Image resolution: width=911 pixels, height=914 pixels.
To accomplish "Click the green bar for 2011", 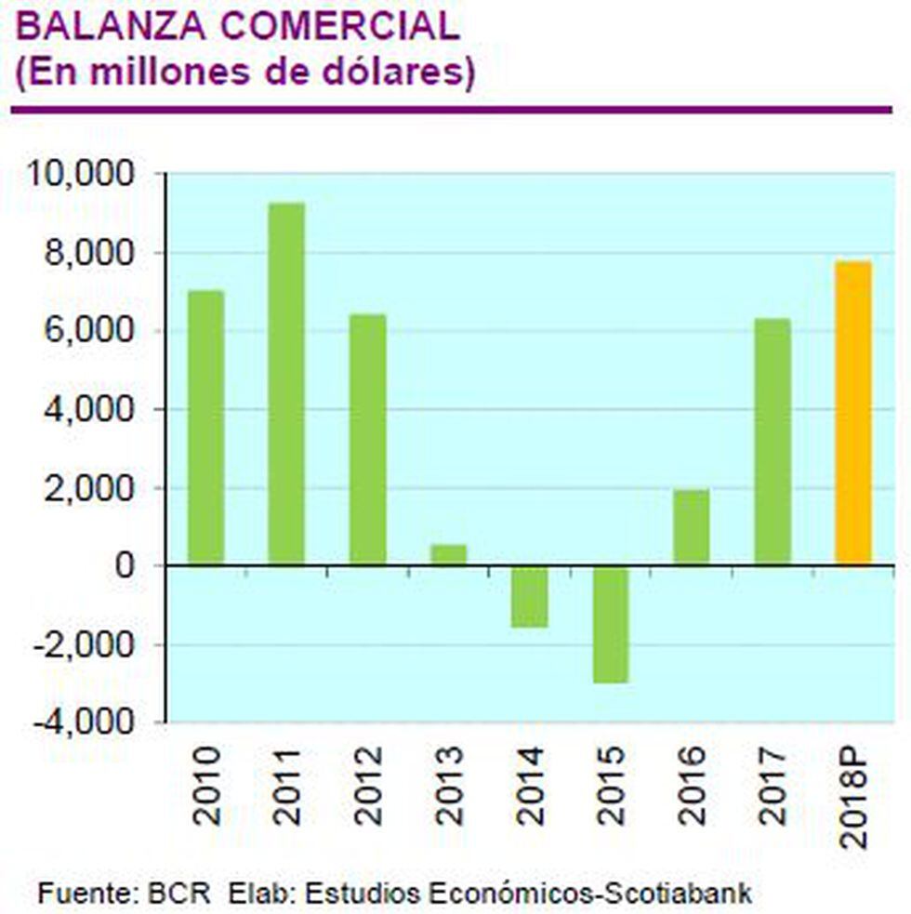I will coord(286,383).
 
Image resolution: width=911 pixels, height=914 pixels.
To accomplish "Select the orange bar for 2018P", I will coord(853,413).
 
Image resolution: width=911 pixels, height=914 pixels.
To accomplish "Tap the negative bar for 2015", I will coord(611,624).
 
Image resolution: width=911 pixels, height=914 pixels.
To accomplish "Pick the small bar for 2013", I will coord(448,554).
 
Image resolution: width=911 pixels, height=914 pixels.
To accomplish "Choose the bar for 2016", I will coord(692,527).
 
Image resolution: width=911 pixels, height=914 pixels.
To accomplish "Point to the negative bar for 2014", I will coord(529,596).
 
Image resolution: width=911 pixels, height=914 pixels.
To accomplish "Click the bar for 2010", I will coord(205,428).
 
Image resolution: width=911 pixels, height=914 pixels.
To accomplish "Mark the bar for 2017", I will coord(772,442).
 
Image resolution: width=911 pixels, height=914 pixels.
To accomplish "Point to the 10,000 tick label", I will coord(85,174).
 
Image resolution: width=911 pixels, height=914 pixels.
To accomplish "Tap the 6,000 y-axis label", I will coord(90,331).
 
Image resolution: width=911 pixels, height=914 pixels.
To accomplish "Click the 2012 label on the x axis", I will coord(368,785).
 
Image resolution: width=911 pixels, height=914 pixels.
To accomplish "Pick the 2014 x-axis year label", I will coord(531,785).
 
